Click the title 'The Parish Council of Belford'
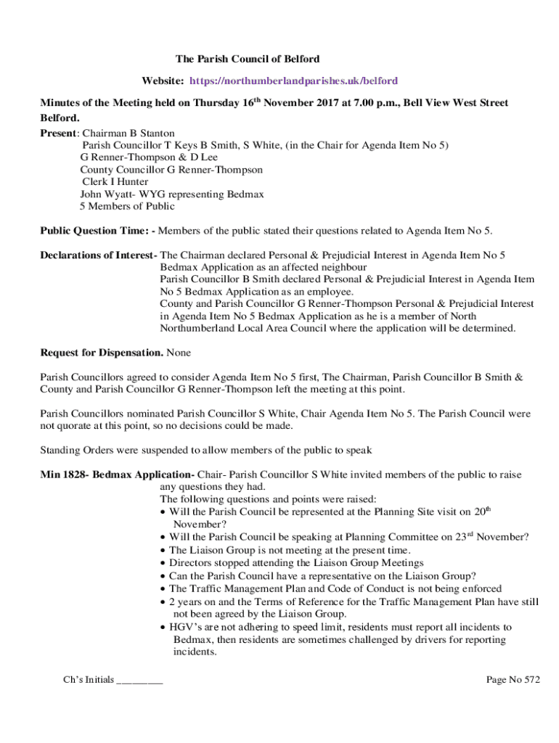click(248, 58)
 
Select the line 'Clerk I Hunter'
click(115, 181)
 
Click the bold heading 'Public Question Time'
click(94, 231)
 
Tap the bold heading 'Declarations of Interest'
click(98, 255)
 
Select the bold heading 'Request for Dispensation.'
click(101, 353)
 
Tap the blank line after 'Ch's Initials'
click(139, 681)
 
